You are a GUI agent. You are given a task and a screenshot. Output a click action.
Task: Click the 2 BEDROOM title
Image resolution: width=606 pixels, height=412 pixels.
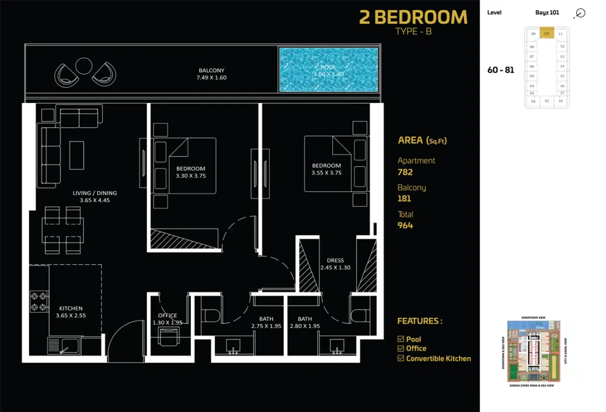(413, 18)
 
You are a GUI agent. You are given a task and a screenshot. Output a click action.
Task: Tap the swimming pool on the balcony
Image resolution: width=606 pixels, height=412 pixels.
(328, 70)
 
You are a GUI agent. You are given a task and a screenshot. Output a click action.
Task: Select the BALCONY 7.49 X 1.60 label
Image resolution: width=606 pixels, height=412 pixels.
(211, 74)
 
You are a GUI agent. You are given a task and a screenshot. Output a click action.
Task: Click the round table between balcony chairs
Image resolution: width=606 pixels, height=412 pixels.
(83, 66)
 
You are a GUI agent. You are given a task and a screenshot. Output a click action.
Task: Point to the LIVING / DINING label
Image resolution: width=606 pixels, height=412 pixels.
(94, 196)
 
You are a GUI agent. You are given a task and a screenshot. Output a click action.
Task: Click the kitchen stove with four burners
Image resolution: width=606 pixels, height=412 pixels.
(39, 301)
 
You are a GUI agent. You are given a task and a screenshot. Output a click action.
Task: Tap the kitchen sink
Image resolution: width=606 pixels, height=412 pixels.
(64, 346)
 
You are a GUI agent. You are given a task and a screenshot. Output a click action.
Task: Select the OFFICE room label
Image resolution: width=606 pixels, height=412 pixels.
(167, 319)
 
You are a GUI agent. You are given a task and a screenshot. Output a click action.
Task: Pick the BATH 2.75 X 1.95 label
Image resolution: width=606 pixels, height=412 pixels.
(266, 323)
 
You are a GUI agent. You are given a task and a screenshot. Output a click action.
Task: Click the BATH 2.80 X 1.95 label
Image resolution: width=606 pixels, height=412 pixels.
(305, 323)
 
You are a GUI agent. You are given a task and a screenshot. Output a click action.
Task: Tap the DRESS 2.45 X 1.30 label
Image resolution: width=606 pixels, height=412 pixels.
(335, 264)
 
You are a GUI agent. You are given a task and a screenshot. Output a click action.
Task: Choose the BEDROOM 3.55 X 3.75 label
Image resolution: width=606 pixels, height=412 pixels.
(326, 169)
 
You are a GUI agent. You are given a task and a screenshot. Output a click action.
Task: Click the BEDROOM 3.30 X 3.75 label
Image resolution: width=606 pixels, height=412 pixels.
(190, 172)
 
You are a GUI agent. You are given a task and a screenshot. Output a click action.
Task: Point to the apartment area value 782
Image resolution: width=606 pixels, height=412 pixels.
(405, 172)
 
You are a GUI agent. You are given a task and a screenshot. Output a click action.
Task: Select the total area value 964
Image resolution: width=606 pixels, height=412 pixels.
(405, 226)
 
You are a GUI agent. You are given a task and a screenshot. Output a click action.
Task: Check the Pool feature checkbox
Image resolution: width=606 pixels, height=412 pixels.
(401, 339)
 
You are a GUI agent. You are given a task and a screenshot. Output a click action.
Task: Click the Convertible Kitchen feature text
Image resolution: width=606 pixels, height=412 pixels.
(438, 358)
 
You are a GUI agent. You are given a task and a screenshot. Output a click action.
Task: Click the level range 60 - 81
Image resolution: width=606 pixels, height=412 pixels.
(500, 70)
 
